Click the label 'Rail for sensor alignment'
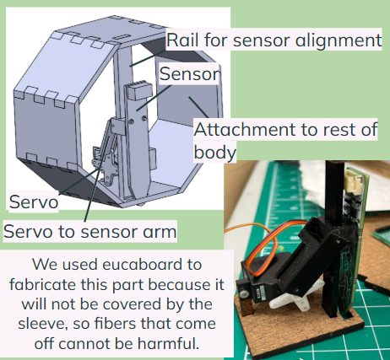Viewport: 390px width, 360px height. (274, 40)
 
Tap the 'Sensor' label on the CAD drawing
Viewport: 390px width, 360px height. (189, 74)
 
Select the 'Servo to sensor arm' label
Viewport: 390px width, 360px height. (90, 232)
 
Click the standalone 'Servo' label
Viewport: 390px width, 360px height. (34, 201)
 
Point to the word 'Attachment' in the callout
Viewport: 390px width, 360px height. (245, 130)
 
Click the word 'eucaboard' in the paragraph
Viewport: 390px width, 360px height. (152, 265)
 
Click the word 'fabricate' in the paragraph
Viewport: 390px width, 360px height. (43, 284)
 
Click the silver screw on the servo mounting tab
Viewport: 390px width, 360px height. (244, 294)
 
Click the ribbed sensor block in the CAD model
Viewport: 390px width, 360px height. (140, 90)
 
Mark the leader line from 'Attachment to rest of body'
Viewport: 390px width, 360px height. (198, 107)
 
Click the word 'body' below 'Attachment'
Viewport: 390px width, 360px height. (214, 153)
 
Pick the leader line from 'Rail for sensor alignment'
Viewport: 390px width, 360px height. (148, 58)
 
